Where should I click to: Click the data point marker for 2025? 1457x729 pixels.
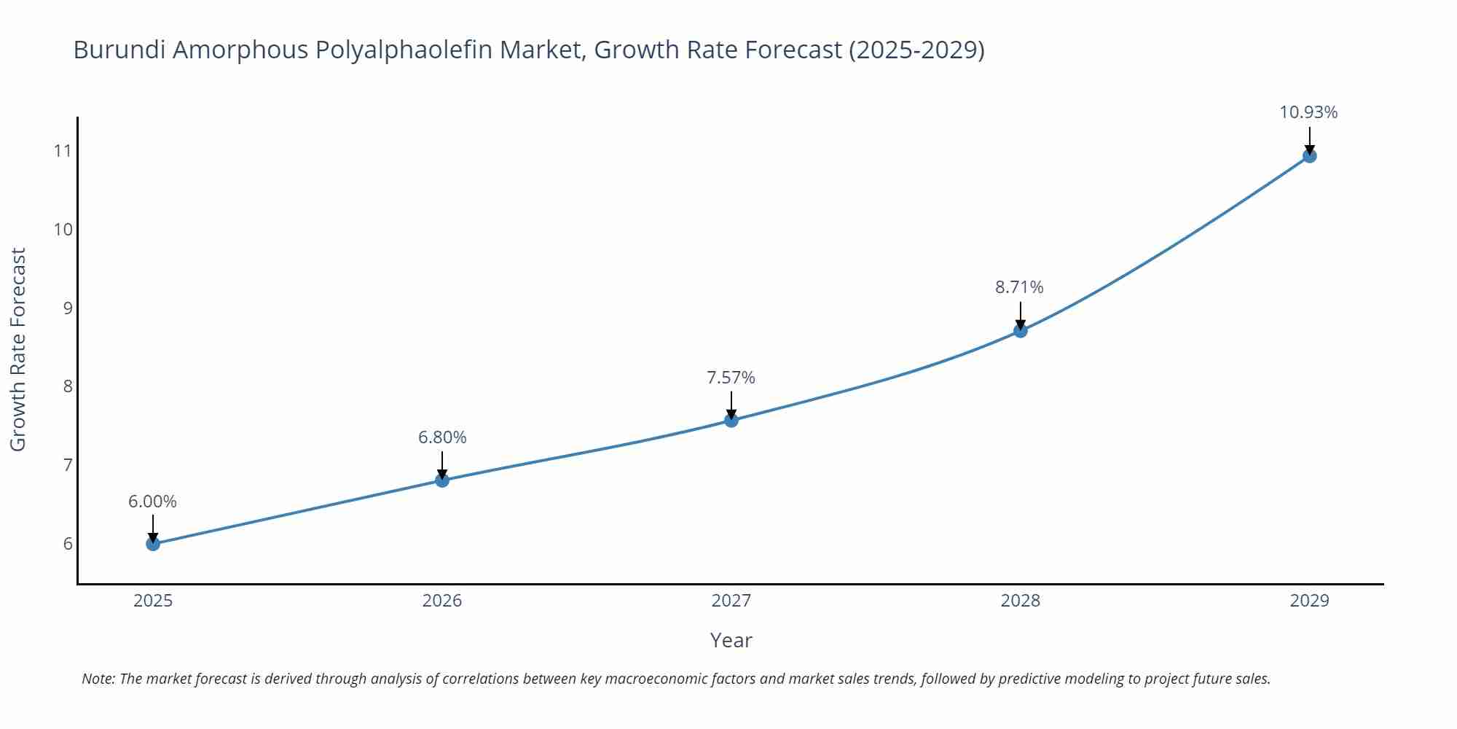[153, 544]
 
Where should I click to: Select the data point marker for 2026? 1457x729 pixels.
[442, 480]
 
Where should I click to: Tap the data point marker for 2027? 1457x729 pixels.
[731, 420]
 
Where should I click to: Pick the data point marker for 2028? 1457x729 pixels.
[1021, 330]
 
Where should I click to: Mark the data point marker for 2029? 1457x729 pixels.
[1309, 156]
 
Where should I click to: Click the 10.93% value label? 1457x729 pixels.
[1308, 112]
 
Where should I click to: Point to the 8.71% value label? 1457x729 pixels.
[1019, 287]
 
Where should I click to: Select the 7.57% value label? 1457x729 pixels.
[731, 378]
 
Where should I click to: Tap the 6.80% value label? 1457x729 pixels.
[442, 437]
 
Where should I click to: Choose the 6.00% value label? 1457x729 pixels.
[152, 502]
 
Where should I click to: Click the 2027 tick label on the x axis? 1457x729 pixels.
[731, 601]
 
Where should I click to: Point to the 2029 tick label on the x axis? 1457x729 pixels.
[1309, 601]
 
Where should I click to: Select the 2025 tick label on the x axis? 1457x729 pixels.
[153, 601]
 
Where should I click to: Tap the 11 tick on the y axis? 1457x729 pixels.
[63, 151]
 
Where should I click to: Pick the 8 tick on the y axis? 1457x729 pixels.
[68, 386]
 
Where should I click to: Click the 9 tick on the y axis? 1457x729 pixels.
[68, 308]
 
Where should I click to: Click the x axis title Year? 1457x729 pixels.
[731, 640]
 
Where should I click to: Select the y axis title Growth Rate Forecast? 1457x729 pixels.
[18, 349]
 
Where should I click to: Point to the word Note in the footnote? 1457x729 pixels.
[98, 679]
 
